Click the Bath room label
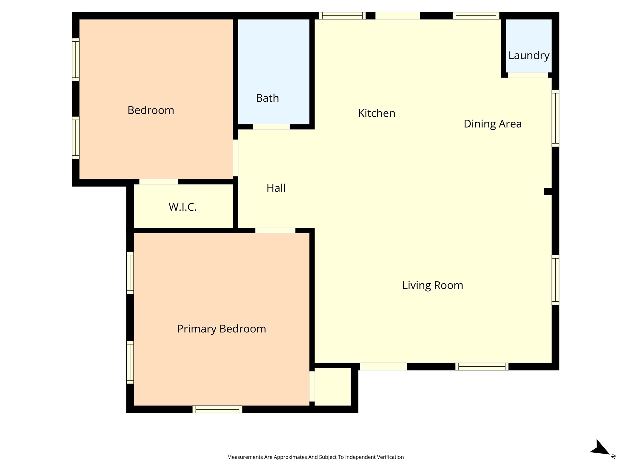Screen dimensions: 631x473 pos(267,98)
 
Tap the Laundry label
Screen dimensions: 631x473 pos(529,56)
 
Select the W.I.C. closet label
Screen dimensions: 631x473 pos(183,207)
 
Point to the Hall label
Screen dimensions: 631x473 pos(276,188)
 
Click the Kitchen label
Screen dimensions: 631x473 pos(377,113)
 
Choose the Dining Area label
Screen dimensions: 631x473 pos(493,124)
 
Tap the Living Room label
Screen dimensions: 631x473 pos(433,285)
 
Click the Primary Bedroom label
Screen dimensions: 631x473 pos(222,329)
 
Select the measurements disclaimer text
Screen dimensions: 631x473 pos(315,457)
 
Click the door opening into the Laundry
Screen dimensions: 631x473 pos(528,75)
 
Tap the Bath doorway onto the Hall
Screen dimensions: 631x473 pos(271,127)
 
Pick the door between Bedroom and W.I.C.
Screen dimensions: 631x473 pos(159,182)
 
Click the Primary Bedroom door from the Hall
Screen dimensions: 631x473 pos(275,230)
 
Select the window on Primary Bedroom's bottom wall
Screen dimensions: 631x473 pos(217,409)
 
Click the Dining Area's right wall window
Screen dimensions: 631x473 pos(555,118)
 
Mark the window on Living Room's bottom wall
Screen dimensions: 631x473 pos(482,366)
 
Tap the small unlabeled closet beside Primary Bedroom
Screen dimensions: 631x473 pos(332,386)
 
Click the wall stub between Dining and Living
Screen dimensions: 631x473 pos(548,192)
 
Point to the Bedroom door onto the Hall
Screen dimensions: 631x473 pos(235,158)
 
